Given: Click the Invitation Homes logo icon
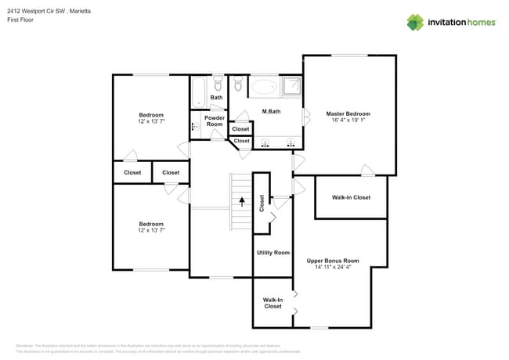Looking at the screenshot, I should [415, 22].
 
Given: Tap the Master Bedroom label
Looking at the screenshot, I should [348, 113].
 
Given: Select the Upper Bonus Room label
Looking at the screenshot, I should [332, 260].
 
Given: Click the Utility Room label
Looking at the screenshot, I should [273, 252].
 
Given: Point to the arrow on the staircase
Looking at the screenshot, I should [242, 201].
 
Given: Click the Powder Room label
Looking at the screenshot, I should [214, 121].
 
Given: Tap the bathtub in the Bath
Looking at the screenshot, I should [199, 92].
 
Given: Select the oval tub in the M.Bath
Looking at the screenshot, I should [264, 86].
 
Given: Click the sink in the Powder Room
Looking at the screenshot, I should [196, 126].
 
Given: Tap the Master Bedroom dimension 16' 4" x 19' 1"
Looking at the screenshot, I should [348, 121].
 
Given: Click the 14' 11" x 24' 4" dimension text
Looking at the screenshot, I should [332, 267].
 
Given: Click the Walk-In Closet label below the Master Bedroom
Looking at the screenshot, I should [350, 197].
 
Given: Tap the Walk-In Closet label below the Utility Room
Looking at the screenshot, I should [273, 302].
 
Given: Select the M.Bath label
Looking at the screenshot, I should [271, 112].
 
